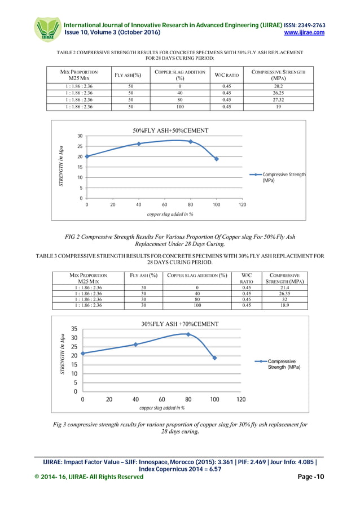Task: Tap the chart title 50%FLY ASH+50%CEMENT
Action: (x=170, y=130)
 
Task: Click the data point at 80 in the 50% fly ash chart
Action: (x=191, y=142)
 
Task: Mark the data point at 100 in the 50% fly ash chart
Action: (x=216, y=159)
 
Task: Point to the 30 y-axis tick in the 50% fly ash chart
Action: (x=81, y=136)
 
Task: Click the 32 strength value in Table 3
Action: (x=285, y=300)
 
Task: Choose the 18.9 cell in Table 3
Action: (x=285, y=306)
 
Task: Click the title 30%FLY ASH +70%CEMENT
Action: (x=179, y=324)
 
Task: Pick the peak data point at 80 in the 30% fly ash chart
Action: (x=188, y=334)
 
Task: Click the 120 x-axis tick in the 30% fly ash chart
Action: (x=241, y=400)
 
